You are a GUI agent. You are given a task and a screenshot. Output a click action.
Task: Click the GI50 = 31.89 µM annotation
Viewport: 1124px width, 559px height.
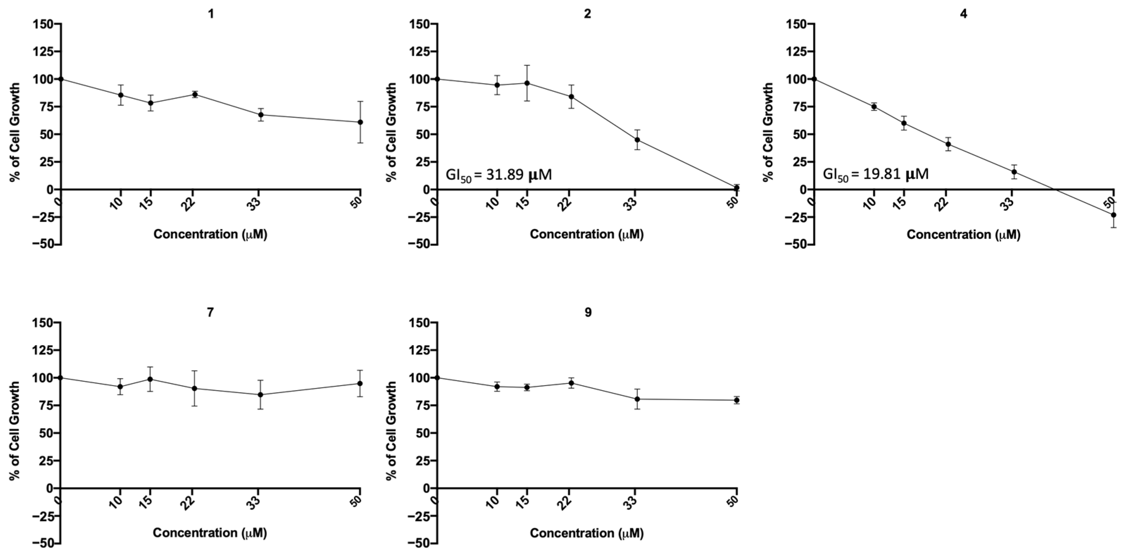click(498, 175)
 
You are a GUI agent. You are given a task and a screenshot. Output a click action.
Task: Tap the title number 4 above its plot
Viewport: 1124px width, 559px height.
click(963, 14)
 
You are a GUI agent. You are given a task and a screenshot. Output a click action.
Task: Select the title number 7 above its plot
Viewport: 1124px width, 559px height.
click(210, 313)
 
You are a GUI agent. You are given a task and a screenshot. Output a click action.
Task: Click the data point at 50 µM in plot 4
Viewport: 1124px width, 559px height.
click(1113, 215)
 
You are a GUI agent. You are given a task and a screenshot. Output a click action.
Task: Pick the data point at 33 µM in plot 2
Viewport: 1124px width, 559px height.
click(638, 140)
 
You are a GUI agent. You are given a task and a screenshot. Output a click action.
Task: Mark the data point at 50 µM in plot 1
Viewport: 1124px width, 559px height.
click(360, 122)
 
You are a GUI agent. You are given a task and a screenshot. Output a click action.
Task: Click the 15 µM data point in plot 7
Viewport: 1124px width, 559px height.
click(150, 379)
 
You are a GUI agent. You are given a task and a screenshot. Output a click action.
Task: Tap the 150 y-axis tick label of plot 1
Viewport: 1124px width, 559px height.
click(42, 24)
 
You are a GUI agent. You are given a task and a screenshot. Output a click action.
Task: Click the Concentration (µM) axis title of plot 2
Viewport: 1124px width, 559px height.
click(587, 234)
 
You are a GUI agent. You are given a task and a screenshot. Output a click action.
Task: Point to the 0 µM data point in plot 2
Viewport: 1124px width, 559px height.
click(437, 79)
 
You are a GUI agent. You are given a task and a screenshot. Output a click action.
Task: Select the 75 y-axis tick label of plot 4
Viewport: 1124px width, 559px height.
click(798, 107)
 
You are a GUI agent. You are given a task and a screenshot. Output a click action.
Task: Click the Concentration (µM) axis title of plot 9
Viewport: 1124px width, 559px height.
click(587, 533)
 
